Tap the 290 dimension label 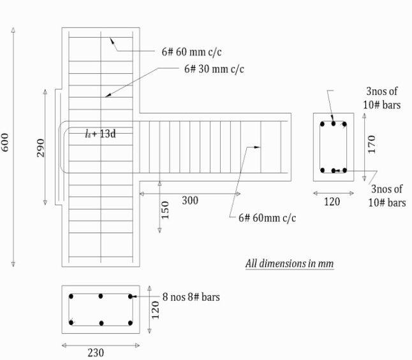[41, 148]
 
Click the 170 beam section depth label [372, 144]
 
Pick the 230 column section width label [96, 352]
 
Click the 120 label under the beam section [332, 202]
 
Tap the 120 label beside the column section [156, 310]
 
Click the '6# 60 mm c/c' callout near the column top [191, 52]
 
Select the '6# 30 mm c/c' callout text [214, 69]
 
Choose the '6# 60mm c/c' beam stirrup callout [267, 218]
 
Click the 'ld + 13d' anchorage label [100, 134]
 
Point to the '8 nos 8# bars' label [191, 297]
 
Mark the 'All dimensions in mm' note [290, 263]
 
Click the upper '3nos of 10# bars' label [382, 98]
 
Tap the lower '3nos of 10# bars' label [386, 196]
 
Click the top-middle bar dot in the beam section [334, 124]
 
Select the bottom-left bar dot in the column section [71, 322]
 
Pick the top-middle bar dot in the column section [101, 296]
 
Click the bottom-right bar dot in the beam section [345, 170]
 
